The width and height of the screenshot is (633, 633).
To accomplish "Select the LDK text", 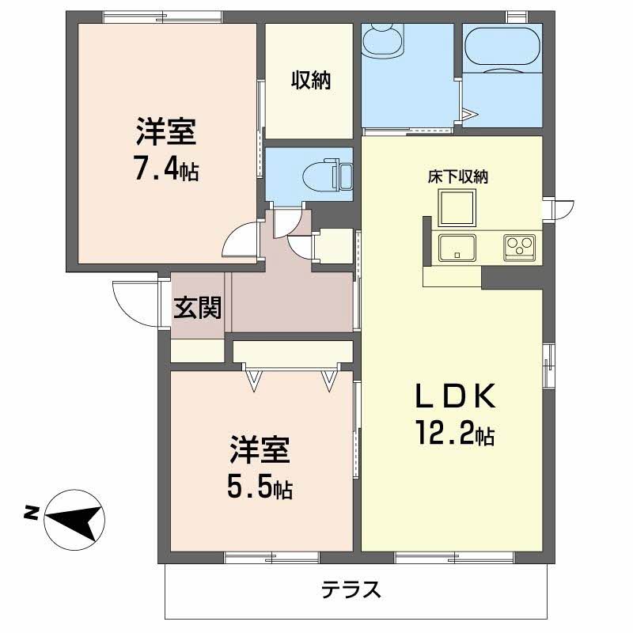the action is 457,396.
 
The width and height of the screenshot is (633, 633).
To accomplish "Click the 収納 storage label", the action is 311,80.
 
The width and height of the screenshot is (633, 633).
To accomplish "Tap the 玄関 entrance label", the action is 197,308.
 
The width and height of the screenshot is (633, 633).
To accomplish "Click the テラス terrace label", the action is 351,589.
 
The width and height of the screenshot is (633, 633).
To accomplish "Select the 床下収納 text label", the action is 458,176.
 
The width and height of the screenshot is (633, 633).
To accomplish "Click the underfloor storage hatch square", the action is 457,207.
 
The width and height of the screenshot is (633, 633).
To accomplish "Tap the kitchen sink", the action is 457,248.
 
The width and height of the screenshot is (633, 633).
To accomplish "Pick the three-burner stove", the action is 520,247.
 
